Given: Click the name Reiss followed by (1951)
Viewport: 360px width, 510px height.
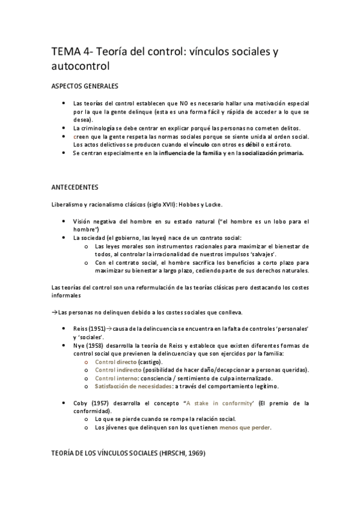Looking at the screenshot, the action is pyautogui.click(x=81, y=330).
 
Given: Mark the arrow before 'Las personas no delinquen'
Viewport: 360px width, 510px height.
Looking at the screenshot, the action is pyautogui.click(x=54, y=312).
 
